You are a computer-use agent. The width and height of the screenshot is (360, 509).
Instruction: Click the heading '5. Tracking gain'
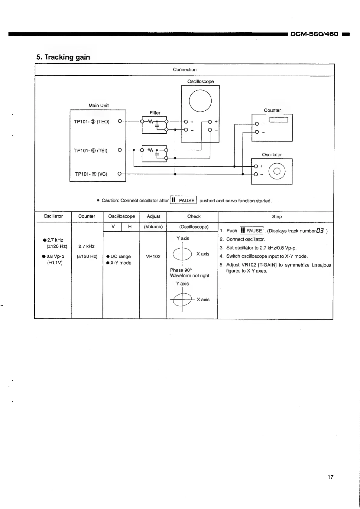tap(63, 57)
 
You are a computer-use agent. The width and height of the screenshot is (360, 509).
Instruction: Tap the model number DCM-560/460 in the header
tap(314, 34)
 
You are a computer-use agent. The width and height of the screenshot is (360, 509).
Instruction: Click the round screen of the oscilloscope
tap(200, 101)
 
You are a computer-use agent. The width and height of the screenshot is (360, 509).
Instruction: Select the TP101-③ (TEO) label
tap(92, 122)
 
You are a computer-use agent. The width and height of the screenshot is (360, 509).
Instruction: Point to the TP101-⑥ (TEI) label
tap(91, 151)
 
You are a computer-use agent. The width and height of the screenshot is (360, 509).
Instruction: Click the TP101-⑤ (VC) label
tap(91, 174)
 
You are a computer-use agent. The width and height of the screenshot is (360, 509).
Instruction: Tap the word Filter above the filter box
tap(155, 113)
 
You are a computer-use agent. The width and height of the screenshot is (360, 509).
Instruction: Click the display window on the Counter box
tap(279, 120)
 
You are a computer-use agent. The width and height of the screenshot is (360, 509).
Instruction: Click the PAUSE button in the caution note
tap(183, 200)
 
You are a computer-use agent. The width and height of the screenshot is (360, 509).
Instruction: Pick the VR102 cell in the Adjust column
tap(153, 256)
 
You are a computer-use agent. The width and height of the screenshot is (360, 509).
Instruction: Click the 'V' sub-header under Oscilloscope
tap(113, 227)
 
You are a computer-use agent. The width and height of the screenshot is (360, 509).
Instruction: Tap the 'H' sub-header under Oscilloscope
tap(130, 227)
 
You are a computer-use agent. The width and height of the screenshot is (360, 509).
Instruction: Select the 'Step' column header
tap(277, 217)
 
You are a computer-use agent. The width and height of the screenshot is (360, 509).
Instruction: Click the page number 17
tap(330, 477)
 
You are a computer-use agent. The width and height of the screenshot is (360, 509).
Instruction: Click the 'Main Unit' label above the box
tap(99, 106)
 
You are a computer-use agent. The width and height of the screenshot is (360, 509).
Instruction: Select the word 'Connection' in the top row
tap(185, 70)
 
